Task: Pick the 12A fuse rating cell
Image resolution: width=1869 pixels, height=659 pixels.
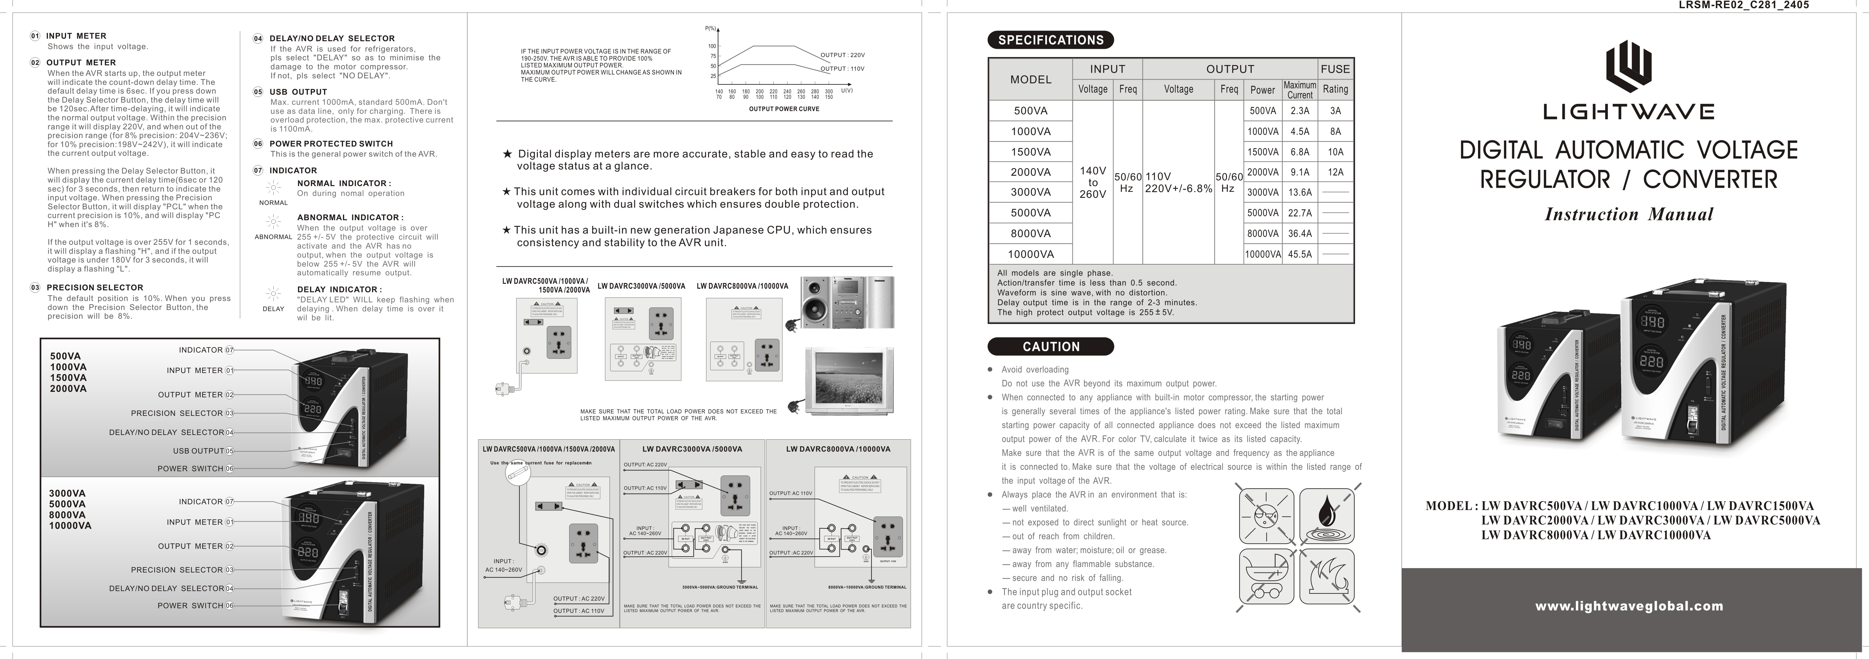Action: click(1335, 172)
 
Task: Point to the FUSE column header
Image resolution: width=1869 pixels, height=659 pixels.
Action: click(1335, 69)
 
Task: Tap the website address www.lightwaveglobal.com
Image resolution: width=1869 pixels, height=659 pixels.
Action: click(1629, 606)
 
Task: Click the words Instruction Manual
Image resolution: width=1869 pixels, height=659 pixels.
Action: click(1629, 214)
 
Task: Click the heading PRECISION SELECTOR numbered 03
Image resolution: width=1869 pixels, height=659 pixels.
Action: click(95, 287)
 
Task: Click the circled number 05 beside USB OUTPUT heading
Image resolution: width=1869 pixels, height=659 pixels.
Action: click(258, 92)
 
